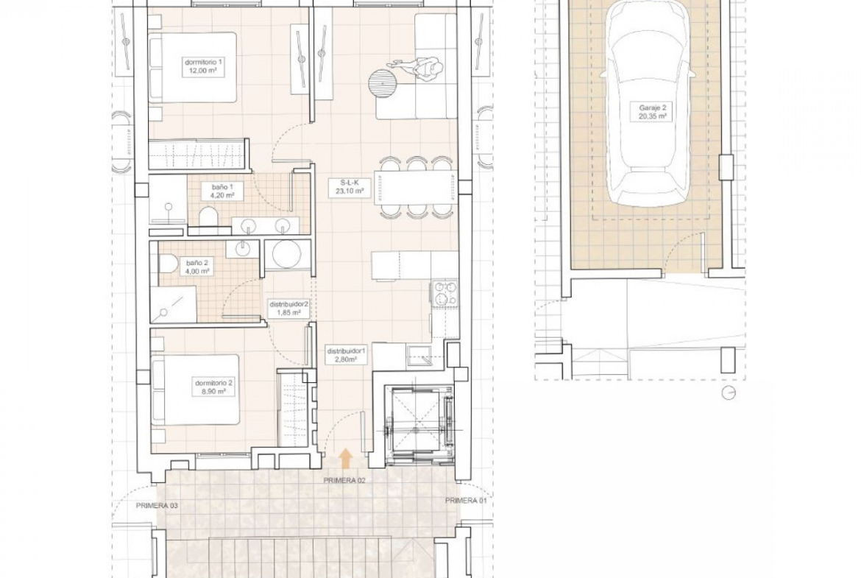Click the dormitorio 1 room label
pyautogui.click(x=205, y=66)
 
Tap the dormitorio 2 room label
pyautogui.click(x=214, y=387)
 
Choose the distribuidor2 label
pyautogui.click(x=288, y=308)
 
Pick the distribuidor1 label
pyautogui.click(x=347, y=355)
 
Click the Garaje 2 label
pyautogui.click(x=652, y=112)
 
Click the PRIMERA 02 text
pyautogui.click(x=345, y=480)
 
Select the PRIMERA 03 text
pyautogui.click(x=157, y=506)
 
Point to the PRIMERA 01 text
pyautogui.click(x=466, y=501)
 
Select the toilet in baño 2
pyautogui.click(x=168, y=265)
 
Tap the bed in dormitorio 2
pyautogui.click(x=195, y=390)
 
